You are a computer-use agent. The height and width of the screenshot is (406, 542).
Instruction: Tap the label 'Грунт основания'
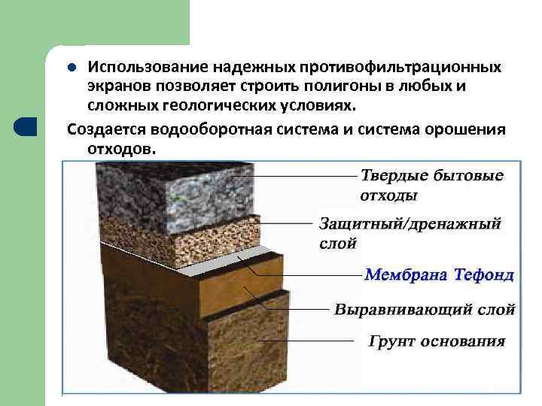(x=437, y=341)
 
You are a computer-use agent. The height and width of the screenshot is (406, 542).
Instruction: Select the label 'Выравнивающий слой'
(x=425, y=309)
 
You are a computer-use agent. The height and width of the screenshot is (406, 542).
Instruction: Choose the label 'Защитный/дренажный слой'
(x=410, y=233)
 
